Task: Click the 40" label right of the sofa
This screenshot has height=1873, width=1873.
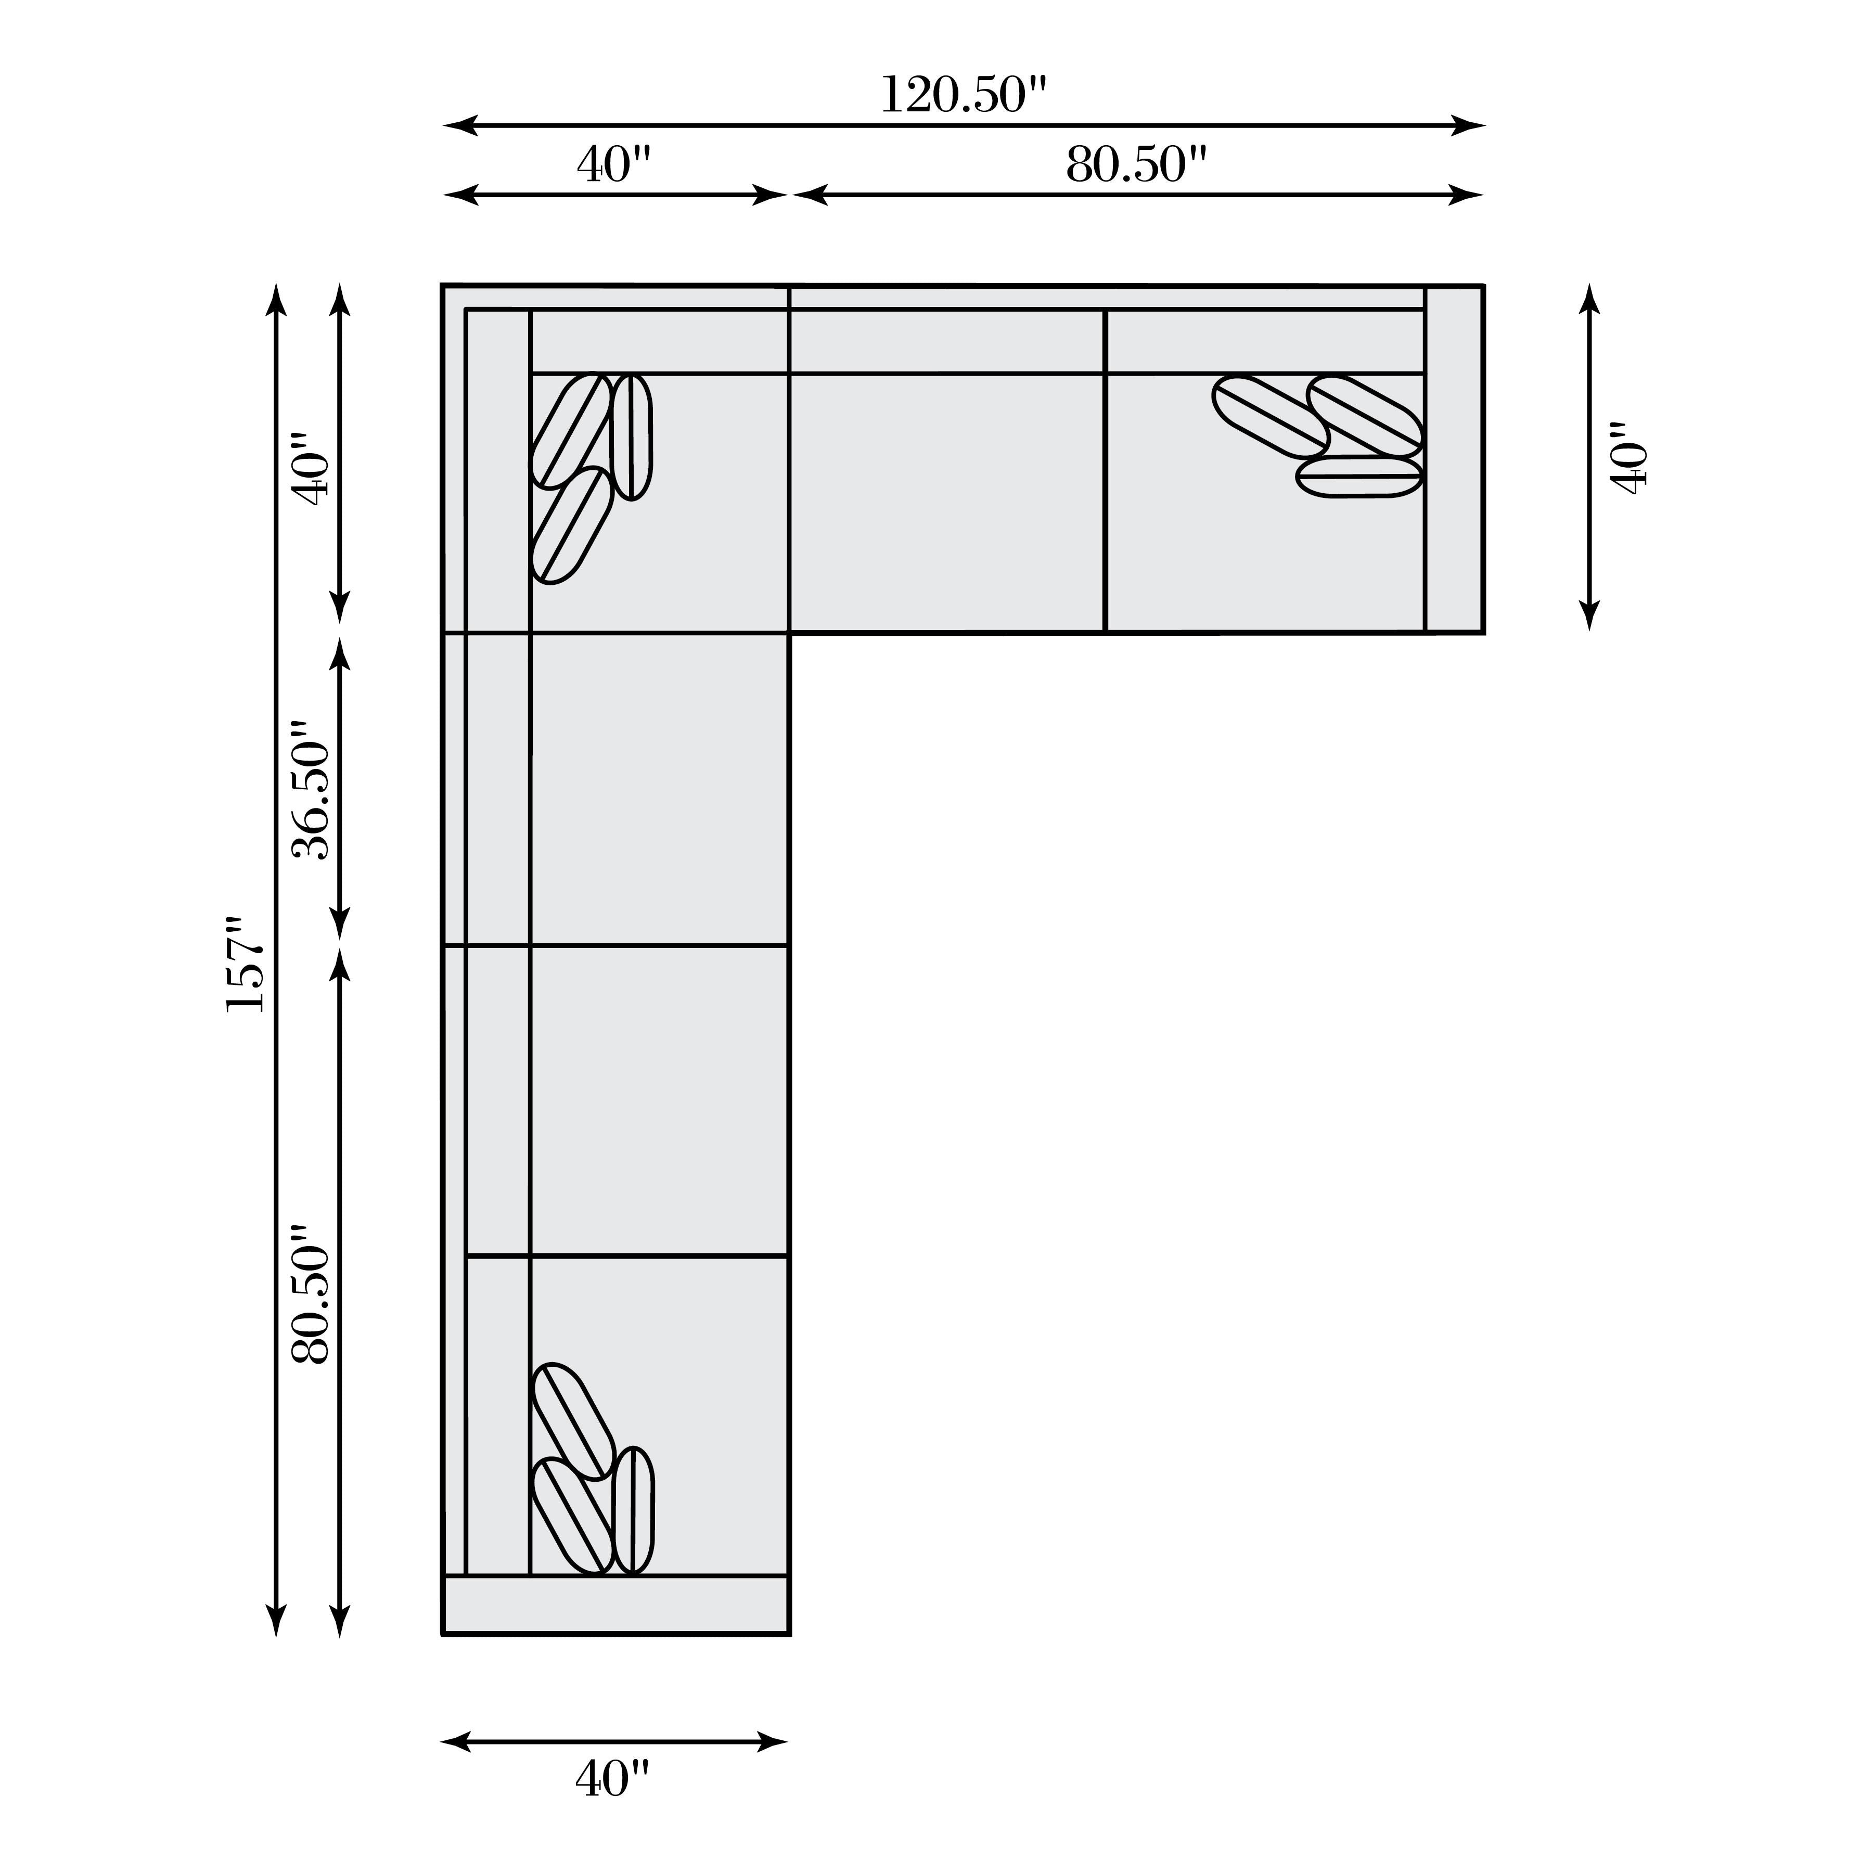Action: click(1628, 458)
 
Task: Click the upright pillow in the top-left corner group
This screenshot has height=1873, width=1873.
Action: click(632, 437)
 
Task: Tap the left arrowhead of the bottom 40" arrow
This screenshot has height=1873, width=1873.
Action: click(456, 1741)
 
